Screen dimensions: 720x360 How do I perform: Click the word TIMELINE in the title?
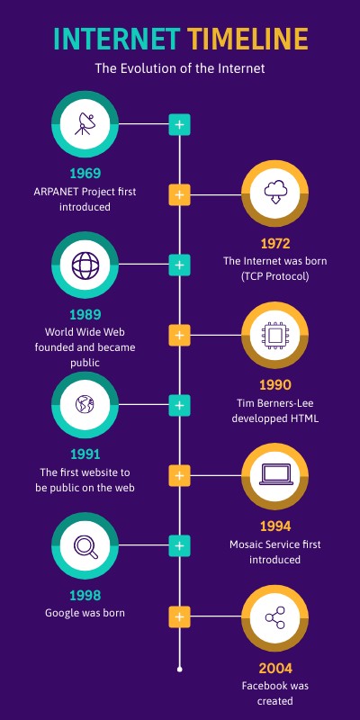[x=247, y=40]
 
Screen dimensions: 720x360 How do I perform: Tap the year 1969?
[x=85, y=174]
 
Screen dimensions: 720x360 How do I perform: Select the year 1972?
[x=274, y=243]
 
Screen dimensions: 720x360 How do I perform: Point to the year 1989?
[x=85, y=315]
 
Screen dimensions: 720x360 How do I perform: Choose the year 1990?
[x=274, y=385]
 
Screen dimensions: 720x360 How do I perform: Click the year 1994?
[x=274, y=526]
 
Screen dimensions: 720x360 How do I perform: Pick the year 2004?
[x=274, y=668]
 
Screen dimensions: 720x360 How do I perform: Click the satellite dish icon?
[x=85, y=123]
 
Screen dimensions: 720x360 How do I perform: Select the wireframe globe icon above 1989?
[x=85, y=265]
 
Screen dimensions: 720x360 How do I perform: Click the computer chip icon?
[x=274, y=335]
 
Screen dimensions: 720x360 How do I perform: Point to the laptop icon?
[x=274, y=476]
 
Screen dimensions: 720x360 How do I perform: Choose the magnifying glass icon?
[x=85, y=546]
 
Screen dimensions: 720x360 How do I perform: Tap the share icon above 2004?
[x=274, y=617]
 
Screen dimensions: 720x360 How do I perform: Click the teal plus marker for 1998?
[x=180, y=546]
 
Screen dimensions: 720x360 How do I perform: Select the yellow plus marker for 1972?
[x=180, y=193]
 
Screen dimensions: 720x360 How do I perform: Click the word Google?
[x=64, y=613]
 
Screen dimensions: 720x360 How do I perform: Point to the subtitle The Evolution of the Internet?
[x=180, y=67]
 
